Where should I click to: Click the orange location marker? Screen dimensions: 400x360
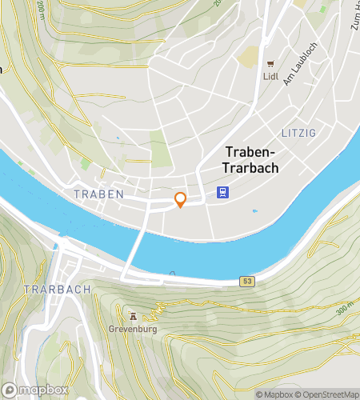click(x=181, y=200)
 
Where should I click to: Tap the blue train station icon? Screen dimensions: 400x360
click(x=222, y=192)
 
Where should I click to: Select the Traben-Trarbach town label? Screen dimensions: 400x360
click(x=250, y=159)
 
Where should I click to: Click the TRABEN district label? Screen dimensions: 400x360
click(x=98, y=194)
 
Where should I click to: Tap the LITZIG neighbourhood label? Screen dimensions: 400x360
click(x=299, y=131)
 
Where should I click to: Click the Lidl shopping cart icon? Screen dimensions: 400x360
click(x=270, y=64)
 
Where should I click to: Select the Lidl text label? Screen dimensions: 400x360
click(x=270, y=78)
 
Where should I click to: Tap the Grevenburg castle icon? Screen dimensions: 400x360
click(x=134, y=315)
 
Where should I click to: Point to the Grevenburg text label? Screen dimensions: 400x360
click(x=134, y=329)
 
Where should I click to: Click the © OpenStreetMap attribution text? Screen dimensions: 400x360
click(x=328, y=394)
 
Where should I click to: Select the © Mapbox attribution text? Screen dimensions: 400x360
click(x=274, y=394)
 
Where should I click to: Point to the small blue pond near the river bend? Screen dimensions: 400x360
click(x=255, y=211)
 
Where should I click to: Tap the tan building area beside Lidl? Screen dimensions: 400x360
click(x=250, y=56)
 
